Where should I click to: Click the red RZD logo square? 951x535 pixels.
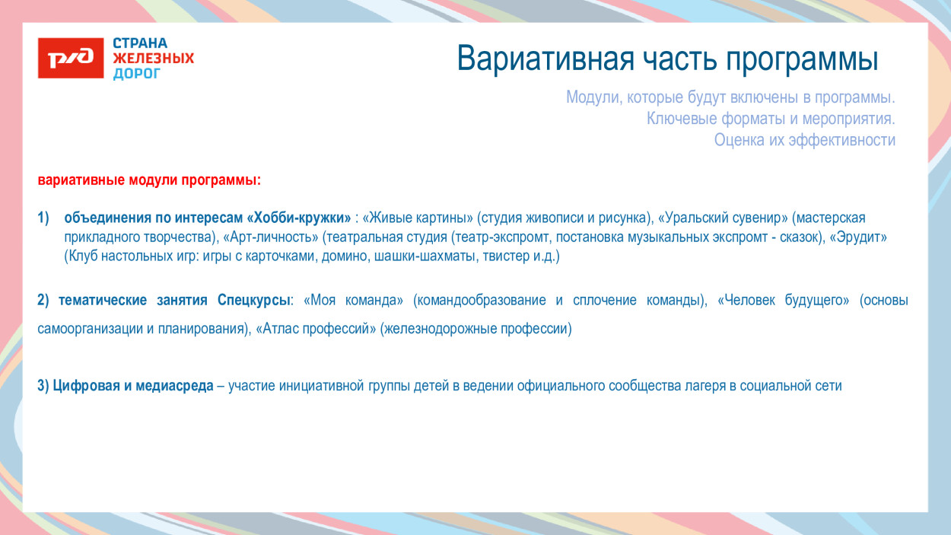click(71, 58)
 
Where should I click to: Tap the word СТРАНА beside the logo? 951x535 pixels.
click(140, 43)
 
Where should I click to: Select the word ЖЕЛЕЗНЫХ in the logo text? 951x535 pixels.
click(153, 59)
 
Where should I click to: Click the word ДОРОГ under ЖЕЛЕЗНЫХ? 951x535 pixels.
click(137, 74)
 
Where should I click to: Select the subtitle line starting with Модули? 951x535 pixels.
click(730, 98)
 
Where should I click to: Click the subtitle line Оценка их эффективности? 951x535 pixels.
click(804, 140)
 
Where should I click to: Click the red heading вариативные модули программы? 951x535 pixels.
click(149, 181)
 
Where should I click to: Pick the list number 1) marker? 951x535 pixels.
click(44, 218)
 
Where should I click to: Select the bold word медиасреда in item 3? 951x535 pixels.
click(174, 386)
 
